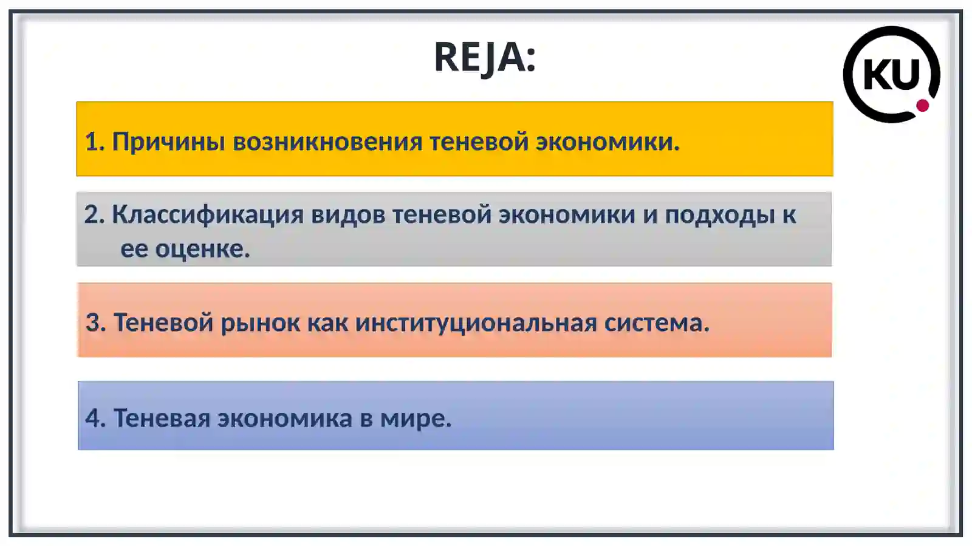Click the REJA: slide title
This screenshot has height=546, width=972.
(485, 57)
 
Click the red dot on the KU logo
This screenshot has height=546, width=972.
(922, 106)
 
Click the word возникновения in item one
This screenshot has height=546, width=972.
(327, 142)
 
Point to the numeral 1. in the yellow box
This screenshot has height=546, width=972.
(94, 142)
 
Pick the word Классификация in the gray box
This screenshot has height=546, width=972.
(207, 215)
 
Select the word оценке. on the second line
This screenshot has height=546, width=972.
(202, 249)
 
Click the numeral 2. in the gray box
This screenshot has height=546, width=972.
(94, 214)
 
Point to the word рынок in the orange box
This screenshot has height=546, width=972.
(259, 322)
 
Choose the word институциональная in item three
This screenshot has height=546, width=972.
(476, 322)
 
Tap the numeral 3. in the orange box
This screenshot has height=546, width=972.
(95, 322)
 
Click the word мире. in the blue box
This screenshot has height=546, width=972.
(416, 418)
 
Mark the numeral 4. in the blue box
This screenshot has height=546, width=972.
(95, 418)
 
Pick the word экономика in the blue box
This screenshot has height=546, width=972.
(284, 418)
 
